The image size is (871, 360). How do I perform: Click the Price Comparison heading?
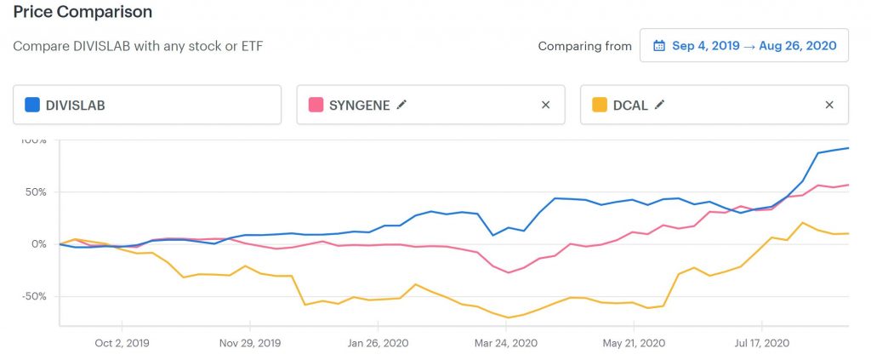click(x=83, y=12)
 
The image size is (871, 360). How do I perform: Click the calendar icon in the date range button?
click(x=659, y=46)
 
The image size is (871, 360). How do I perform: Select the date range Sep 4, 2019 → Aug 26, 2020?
click(x=754, y=46)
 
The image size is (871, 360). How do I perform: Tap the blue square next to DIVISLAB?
click(x=32, y=105)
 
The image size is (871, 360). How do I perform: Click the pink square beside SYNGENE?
click(x=316, y=105)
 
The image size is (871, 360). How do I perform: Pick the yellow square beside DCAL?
click(x=600, y=105)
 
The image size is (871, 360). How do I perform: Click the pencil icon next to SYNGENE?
click(x=401, y=105)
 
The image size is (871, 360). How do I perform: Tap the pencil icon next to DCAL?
click(x=659, y=105)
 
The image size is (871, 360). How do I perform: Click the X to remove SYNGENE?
click(x=545, y=105)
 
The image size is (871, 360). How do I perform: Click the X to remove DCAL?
click(x=829, y=105)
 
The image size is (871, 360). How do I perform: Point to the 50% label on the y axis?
click(x=34, y=192)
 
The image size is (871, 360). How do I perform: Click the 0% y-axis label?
click(x=37, y=244)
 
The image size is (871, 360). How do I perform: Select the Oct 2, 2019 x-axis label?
click(x=122, y=343)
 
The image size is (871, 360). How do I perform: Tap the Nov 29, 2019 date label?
click(x=250, y=343)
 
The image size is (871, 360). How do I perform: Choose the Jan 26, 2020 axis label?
click(x=379, y=343)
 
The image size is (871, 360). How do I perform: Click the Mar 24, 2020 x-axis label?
click(x=506, y=343)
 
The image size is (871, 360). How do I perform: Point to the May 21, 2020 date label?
click(x=634, y=343)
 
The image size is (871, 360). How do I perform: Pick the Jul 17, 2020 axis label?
click(x=761, y=343)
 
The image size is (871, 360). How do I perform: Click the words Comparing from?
click(x=585, y=46)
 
